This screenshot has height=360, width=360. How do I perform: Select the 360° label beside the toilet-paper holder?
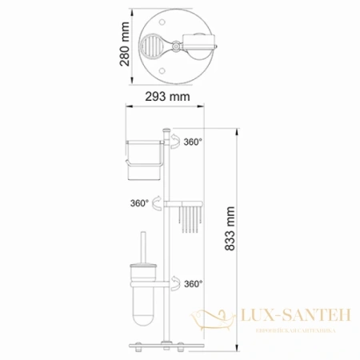point(192,142)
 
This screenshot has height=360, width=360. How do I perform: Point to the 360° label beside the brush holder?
point(192,283)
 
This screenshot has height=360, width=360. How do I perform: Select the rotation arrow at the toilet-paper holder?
point(174,142)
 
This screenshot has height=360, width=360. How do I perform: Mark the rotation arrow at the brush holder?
point(174,283)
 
